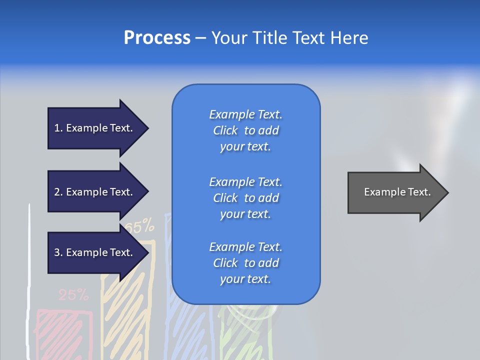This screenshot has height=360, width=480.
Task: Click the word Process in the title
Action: coord(157,38)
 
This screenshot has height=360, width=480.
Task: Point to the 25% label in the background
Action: coord(73,295)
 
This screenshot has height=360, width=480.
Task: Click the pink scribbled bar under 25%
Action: coord(64,332)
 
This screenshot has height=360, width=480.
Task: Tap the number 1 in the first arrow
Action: coord(57,128)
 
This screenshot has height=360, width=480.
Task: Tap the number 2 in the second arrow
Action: coord(57,192)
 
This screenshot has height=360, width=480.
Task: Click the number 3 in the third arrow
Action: coord(57,252)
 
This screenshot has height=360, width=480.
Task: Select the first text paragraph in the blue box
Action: coord(245,130)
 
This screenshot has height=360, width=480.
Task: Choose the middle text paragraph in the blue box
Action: coord(245,197)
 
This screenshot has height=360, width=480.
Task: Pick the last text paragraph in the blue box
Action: coord(245,263)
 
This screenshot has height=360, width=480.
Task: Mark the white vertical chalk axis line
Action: coord(29,280)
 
